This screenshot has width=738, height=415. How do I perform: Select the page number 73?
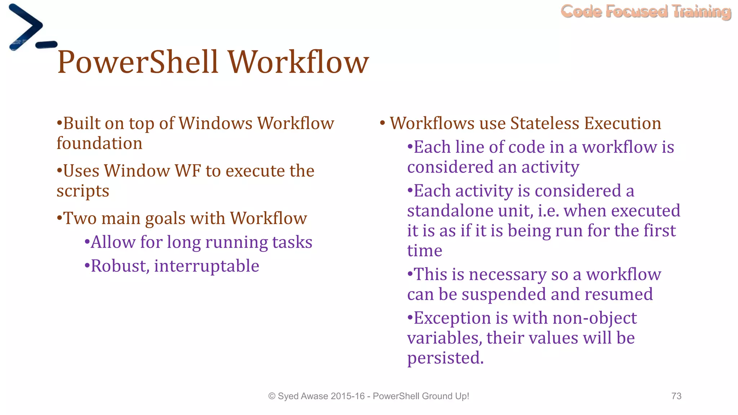[676, 396]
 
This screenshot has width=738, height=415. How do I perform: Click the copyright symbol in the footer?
[272, 396]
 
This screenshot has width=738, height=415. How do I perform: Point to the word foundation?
[99, 144]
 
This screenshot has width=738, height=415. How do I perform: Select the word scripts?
[83, 191]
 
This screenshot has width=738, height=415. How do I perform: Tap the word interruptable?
[206, 266]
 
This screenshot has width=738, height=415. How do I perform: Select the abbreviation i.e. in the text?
[549, 211]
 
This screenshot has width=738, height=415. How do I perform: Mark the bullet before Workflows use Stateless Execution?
[383, 124]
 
